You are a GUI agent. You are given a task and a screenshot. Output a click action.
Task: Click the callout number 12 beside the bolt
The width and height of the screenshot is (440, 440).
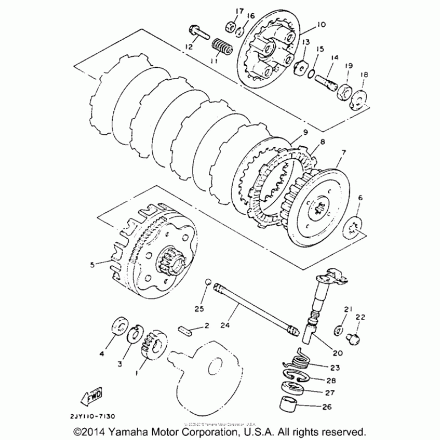click(189, 46)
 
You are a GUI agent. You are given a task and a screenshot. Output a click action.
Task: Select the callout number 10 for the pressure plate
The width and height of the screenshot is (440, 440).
click(321, 24)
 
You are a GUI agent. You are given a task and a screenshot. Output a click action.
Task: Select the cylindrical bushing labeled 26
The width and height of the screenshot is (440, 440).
click(291, 408)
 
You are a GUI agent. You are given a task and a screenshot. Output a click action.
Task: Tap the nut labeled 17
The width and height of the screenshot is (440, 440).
click(230, 26)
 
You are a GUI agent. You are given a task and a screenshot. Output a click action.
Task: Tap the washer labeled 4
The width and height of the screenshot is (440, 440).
click(119, 327)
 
